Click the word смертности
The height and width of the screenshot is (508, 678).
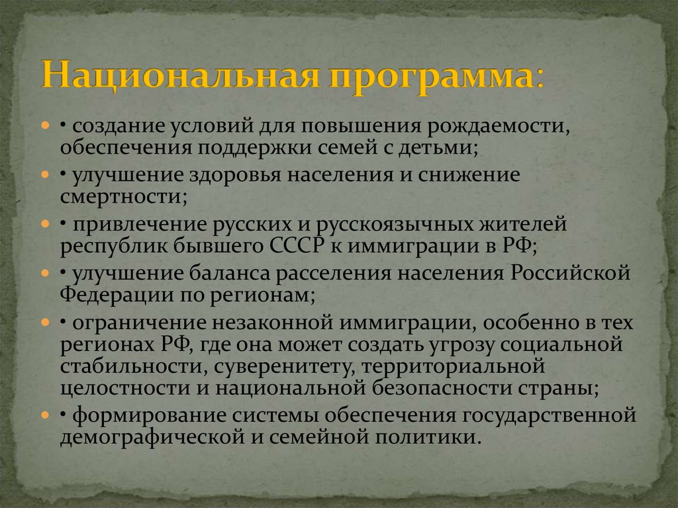119,195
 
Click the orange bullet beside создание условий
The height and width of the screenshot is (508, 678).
44,126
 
